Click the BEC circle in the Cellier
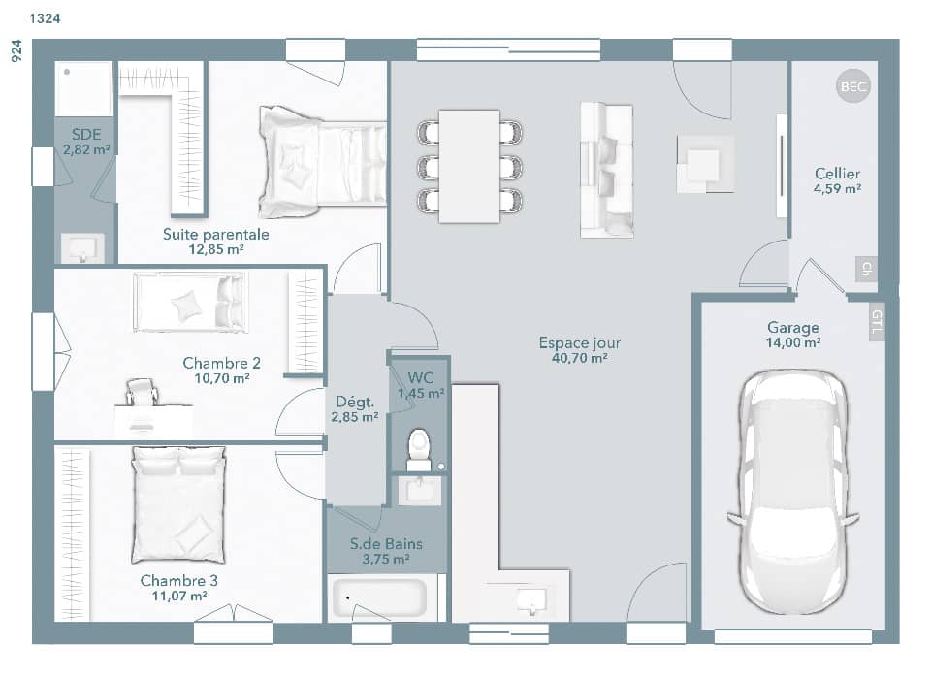pyautogui.click(x=853, y=87)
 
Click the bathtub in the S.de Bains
pyautogui.click(x=378, y=599)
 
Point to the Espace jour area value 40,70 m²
pyautogui.click(x=580, y=359)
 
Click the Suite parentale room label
pyautogui.click(x=215, y=234)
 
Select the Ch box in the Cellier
pyautogui.click(x=866, y=269)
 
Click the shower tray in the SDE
pyautogui.click(x=83, y=88)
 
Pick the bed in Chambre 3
pyautogui.click(x=178, y=504)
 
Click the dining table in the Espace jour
pyautogui.click(x=469, y=166)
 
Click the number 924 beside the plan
pyautogui.click(x=16, y=51)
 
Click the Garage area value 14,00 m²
pyautogui.click(x=792, y=343)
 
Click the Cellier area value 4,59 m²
pyautogui.click(x=837, y=189)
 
